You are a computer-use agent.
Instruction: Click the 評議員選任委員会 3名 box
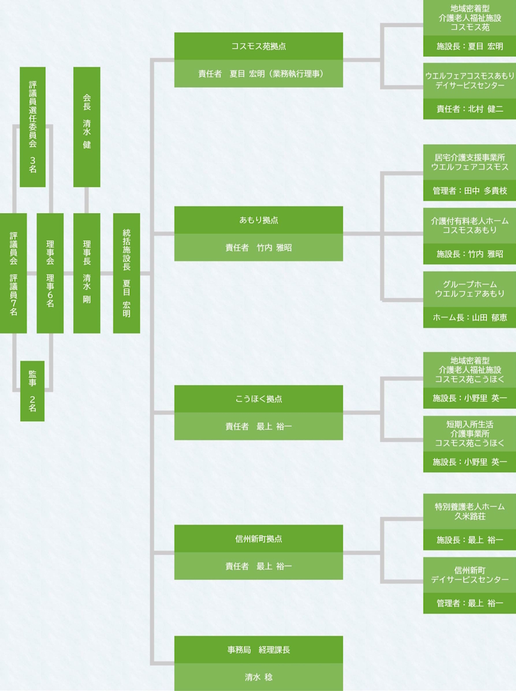(32, 127)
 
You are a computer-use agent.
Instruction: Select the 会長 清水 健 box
(87, 127)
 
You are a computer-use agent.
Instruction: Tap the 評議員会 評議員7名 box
(13, 273)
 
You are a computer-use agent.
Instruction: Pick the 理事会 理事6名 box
(50, 273)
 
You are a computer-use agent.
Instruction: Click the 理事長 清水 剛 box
(87, 273)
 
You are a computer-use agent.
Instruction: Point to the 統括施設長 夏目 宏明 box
(126, 273)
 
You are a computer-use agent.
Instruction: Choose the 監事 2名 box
(32, 391)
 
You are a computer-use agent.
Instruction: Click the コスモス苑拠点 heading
(258, 46)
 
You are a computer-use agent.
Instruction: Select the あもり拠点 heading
(258, 220)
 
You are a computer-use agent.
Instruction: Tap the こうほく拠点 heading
(258, 399)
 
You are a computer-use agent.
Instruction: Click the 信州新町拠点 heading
(258, 538)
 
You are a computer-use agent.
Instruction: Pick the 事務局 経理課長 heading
(258, 650)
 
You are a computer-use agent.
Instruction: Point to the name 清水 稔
(258, 677)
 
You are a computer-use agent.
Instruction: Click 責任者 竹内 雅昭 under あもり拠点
(258, 248)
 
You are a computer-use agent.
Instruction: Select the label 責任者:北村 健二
(469, 109)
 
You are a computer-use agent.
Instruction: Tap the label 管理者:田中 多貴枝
(469, 190)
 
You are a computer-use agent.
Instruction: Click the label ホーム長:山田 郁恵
(469, 317)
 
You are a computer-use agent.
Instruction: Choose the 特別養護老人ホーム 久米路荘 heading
(469, 511)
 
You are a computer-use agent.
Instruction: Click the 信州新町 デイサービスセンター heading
(469, 574)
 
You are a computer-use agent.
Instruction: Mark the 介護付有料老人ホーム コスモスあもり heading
(469, 225)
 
